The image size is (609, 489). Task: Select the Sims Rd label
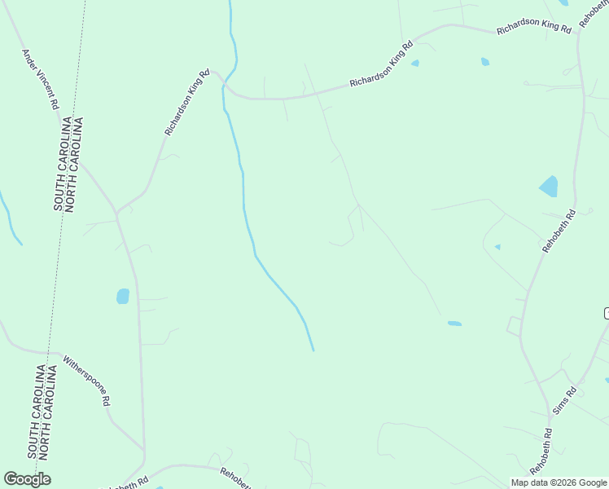coord(564,402)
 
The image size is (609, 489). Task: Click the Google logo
coord(27,479)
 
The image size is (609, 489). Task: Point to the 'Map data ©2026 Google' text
coord(559,482)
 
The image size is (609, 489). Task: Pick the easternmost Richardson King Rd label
coord(534,26)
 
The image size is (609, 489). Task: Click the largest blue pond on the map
coord(549,187)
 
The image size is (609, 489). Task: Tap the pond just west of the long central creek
coord(123,296)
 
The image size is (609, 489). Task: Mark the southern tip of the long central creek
coord(313,350)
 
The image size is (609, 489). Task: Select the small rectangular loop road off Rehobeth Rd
coord(514,326)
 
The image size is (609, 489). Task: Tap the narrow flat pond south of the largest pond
coord(454,324)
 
